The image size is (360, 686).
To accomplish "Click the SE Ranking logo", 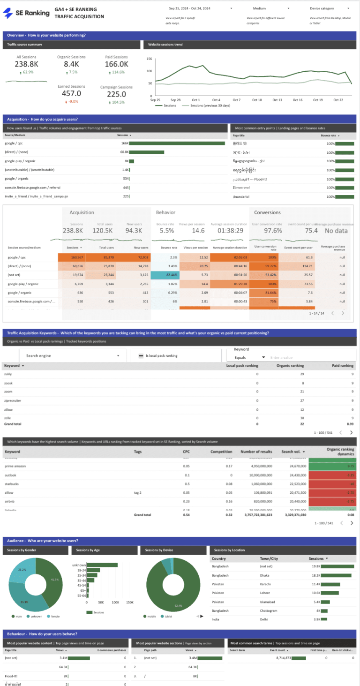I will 26,13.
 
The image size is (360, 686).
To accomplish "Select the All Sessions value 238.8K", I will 26,64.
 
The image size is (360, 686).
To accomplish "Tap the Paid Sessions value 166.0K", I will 117,64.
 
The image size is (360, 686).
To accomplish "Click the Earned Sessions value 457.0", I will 71,94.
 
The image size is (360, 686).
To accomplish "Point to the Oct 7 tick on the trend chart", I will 236,100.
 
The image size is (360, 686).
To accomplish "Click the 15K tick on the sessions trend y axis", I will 149,59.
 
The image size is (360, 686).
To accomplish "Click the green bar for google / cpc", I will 170,143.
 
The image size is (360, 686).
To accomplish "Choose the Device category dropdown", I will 330,8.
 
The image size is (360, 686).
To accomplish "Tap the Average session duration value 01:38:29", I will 229,230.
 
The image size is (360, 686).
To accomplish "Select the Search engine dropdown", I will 73,356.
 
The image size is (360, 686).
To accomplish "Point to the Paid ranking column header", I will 342,366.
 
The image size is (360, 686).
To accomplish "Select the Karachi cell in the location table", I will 267,584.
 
